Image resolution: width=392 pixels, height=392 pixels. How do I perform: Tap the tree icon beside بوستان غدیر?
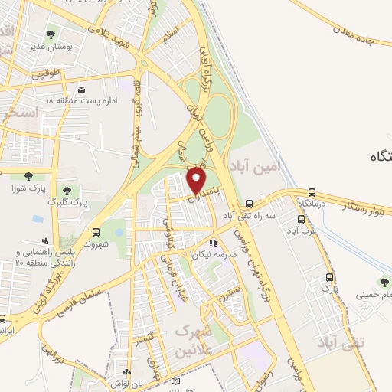pos(51,34)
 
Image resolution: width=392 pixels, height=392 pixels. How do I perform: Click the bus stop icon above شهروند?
pos(96,232)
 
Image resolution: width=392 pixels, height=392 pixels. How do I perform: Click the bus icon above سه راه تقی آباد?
pos(249,204)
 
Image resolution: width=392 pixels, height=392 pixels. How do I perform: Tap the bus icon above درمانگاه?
pos(312,193)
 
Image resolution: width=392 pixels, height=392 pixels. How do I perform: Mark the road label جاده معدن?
pos(360,34)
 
